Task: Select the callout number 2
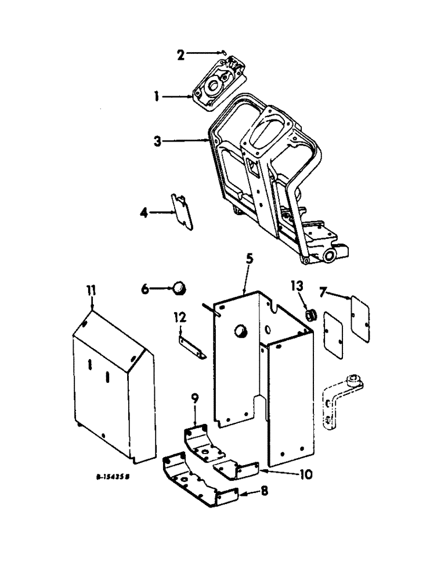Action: pos(180,55)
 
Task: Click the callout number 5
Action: pos(248,259)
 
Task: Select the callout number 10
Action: pos(306,474)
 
